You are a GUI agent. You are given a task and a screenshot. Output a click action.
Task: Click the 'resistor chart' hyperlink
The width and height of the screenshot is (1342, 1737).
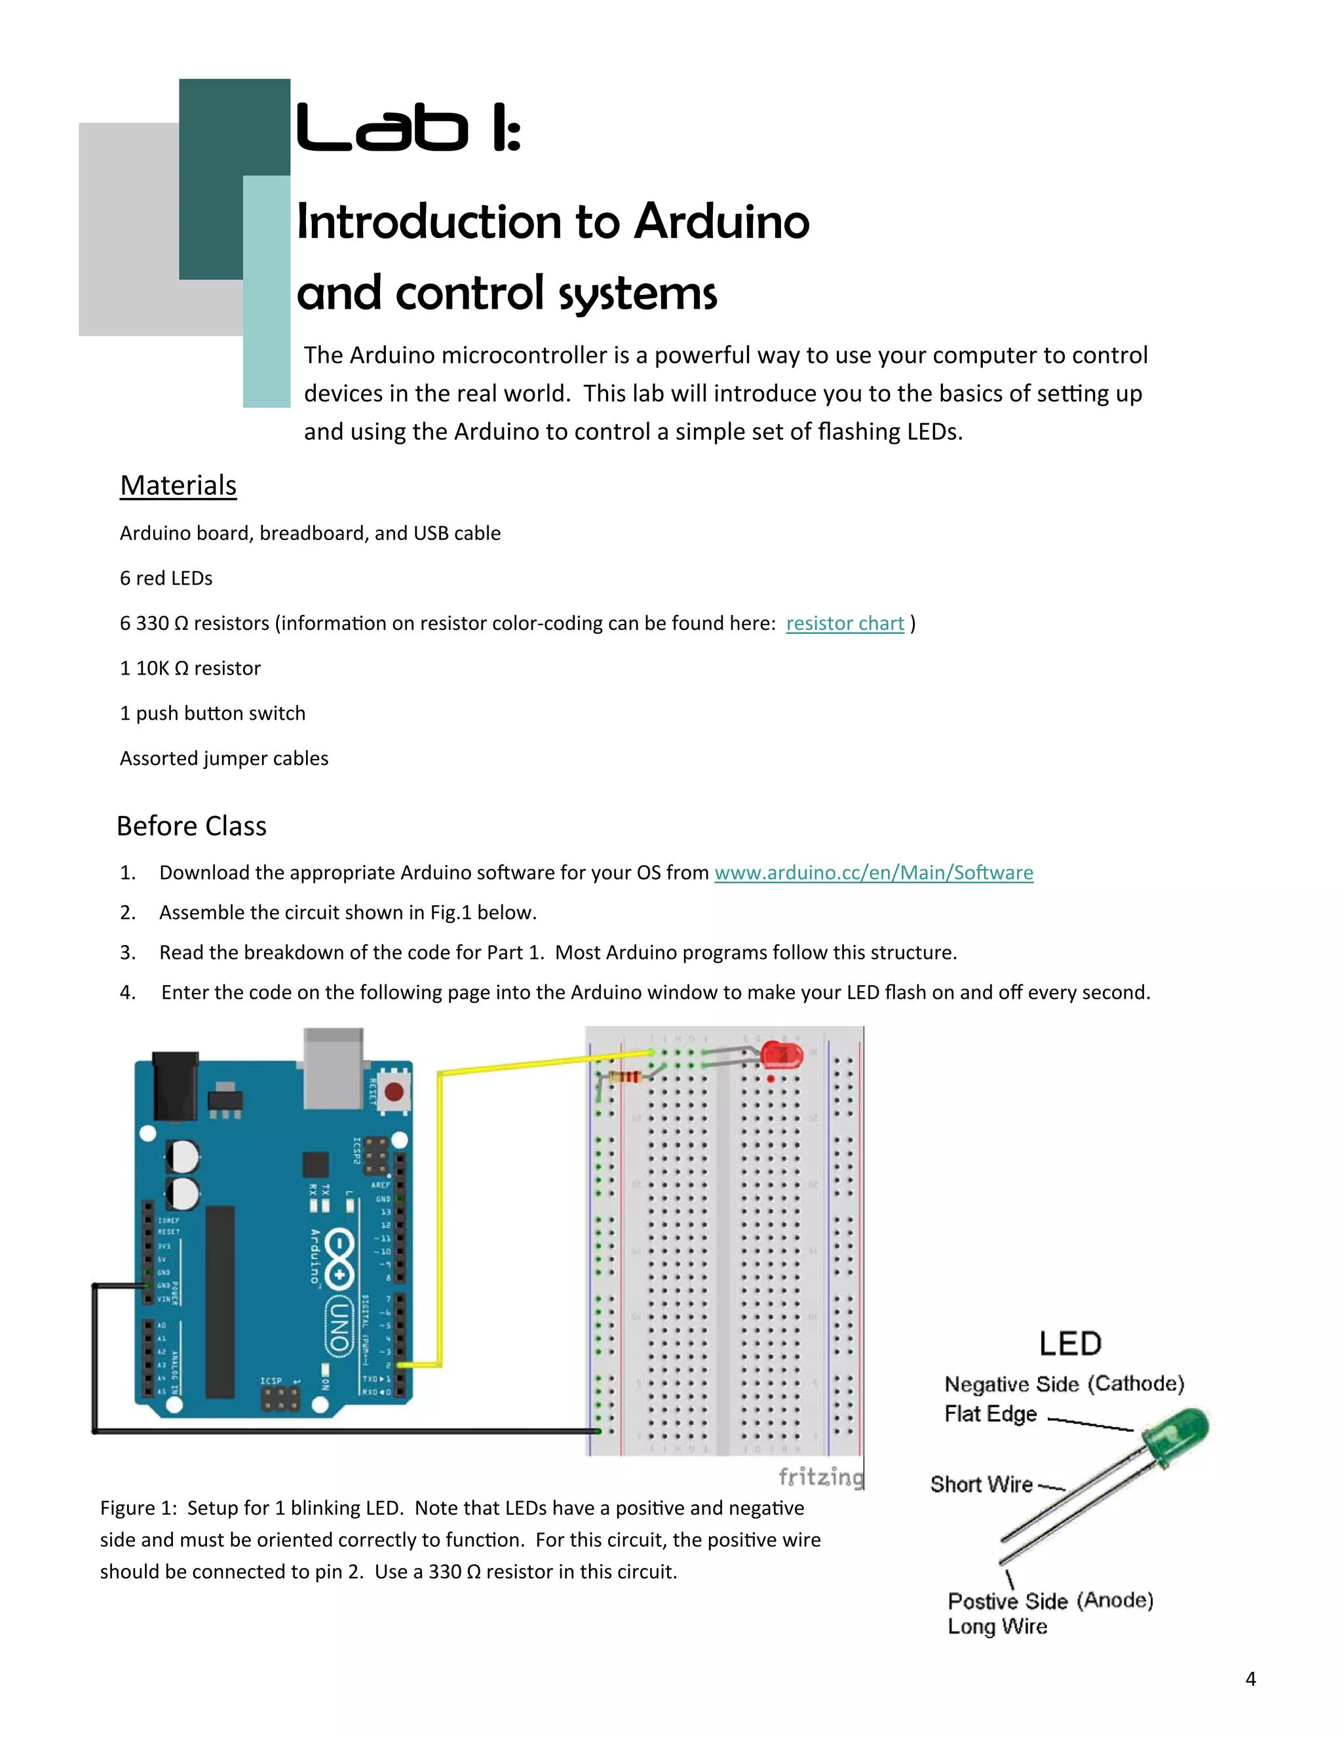click(844, 623)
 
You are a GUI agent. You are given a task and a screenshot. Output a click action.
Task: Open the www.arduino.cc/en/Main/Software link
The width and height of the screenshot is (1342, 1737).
click(873, 873)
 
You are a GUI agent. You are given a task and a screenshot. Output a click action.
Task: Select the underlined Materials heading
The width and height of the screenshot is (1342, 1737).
click(178, 486)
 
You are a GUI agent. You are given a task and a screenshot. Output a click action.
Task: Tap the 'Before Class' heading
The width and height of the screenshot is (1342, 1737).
click(191, 827)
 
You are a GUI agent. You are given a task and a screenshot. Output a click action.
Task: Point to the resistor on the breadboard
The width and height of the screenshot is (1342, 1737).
click(626, 1078)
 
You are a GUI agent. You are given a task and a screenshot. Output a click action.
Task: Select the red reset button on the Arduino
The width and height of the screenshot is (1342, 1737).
click(393, 1091)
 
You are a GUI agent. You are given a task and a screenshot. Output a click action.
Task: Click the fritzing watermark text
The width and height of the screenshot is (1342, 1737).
click(820, 1477)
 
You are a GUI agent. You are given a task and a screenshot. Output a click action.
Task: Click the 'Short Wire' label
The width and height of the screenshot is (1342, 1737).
click(981, 1485)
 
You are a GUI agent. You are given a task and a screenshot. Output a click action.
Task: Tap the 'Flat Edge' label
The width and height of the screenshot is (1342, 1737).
click(991, 1414)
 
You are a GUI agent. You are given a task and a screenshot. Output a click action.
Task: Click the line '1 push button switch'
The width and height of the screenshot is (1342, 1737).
click(212, 713)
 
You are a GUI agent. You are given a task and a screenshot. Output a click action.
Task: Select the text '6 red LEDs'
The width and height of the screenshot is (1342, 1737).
click(166, 578)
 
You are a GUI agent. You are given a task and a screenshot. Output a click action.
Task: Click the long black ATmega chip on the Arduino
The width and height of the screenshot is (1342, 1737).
click(220, 1301)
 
